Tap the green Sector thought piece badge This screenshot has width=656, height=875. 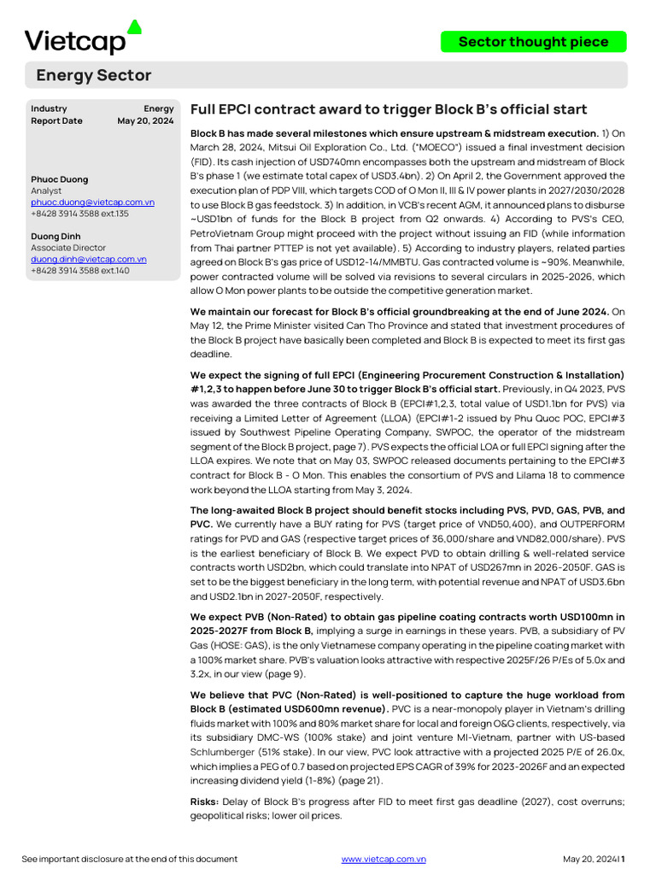point(533,42)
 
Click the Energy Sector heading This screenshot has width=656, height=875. point(93,75)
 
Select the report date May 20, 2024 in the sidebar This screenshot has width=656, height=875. point(145,121)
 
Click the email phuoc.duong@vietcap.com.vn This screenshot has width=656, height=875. point(92,203)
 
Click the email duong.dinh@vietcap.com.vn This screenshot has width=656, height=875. point(89,259)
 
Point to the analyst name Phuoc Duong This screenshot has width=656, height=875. point(59,179)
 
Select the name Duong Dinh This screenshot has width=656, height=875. point(56,237)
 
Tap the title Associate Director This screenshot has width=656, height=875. point(68,248)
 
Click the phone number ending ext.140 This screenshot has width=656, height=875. point(80,271)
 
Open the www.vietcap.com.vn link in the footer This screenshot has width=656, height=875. point(384,859)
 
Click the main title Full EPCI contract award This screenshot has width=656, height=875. point(388,109)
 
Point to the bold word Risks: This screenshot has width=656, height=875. point(204,801)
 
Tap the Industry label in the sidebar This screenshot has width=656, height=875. point(49,109)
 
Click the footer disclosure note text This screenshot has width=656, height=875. point(129,859)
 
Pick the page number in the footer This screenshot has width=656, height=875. point(623,859)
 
